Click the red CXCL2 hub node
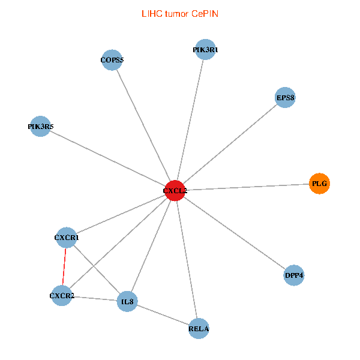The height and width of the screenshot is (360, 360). [175, 190]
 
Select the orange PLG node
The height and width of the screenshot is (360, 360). [319, 183]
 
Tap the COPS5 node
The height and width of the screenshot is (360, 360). [112, 60]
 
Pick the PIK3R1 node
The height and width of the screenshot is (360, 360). [205, 50]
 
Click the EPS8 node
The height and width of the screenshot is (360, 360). [285, 97]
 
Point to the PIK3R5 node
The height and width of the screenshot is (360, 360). [40, 127]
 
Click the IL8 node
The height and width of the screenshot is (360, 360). [127, 301]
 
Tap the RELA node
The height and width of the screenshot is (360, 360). [199, 328]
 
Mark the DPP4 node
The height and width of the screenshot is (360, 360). [294, 275]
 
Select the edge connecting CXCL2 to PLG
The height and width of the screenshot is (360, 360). [246, 187]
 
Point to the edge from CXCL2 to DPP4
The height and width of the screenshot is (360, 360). [234, 233]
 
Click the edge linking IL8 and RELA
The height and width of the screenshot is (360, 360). [163, 314]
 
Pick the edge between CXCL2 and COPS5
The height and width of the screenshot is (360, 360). [143, 125]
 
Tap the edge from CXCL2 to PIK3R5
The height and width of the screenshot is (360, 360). [108, 158]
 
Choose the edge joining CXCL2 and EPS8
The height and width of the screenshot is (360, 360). [230, 144]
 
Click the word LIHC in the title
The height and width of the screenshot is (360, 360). [151, 13]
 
